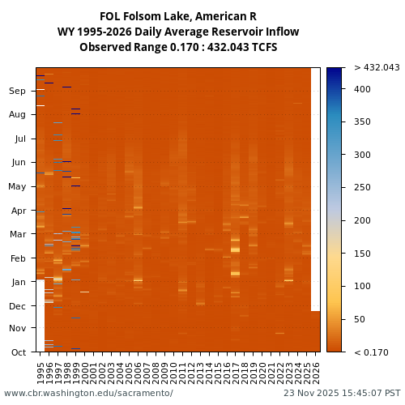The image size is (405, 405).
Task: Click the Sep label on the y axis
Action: click(17, 92)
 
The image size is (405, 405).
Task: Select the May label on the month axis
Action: click(16, 187)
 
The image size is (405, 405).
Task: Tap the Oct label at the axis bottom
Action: click(17, 352)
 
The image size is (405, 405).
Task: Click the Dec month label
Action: click(17, 306)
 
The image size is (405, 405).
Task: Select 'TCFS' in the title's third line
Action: click(263, 48)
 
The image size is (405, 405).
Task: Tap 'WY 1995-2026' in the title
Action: click(92, 32)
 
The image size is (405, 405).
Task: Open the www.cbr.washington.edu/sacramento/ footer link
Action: click(88, 394)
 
